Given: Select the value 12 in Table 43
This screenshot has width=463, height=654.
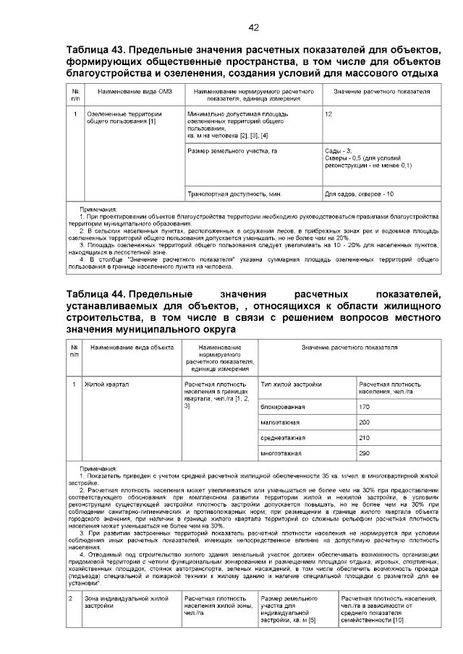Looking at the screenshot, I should point(328,115).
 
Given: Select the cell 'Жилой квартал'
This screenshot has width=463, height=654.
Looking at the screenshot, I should point(106,384).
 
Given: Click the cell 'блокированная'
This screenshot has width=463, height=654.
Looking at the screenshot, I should point(282,407).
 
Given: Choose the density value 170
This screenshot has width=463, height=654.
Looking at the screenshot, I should point(364,407).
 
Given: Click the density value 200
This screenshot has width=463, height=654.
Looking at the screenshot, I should point(364,422).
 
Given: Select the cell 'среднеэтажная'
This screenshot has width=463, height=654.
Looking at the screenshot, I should point(283,438).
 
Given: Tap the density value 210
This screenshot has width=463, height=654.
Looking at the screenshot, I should point(364,438).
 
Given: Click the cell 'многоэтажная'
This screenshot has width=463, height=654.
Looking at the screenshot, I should point(281,454).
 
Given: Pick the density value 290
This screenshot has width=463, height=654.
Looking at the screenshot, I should point(364,454).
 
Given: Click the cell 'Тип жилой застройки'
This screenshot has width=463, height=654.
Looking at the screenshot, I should point(291,384).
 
